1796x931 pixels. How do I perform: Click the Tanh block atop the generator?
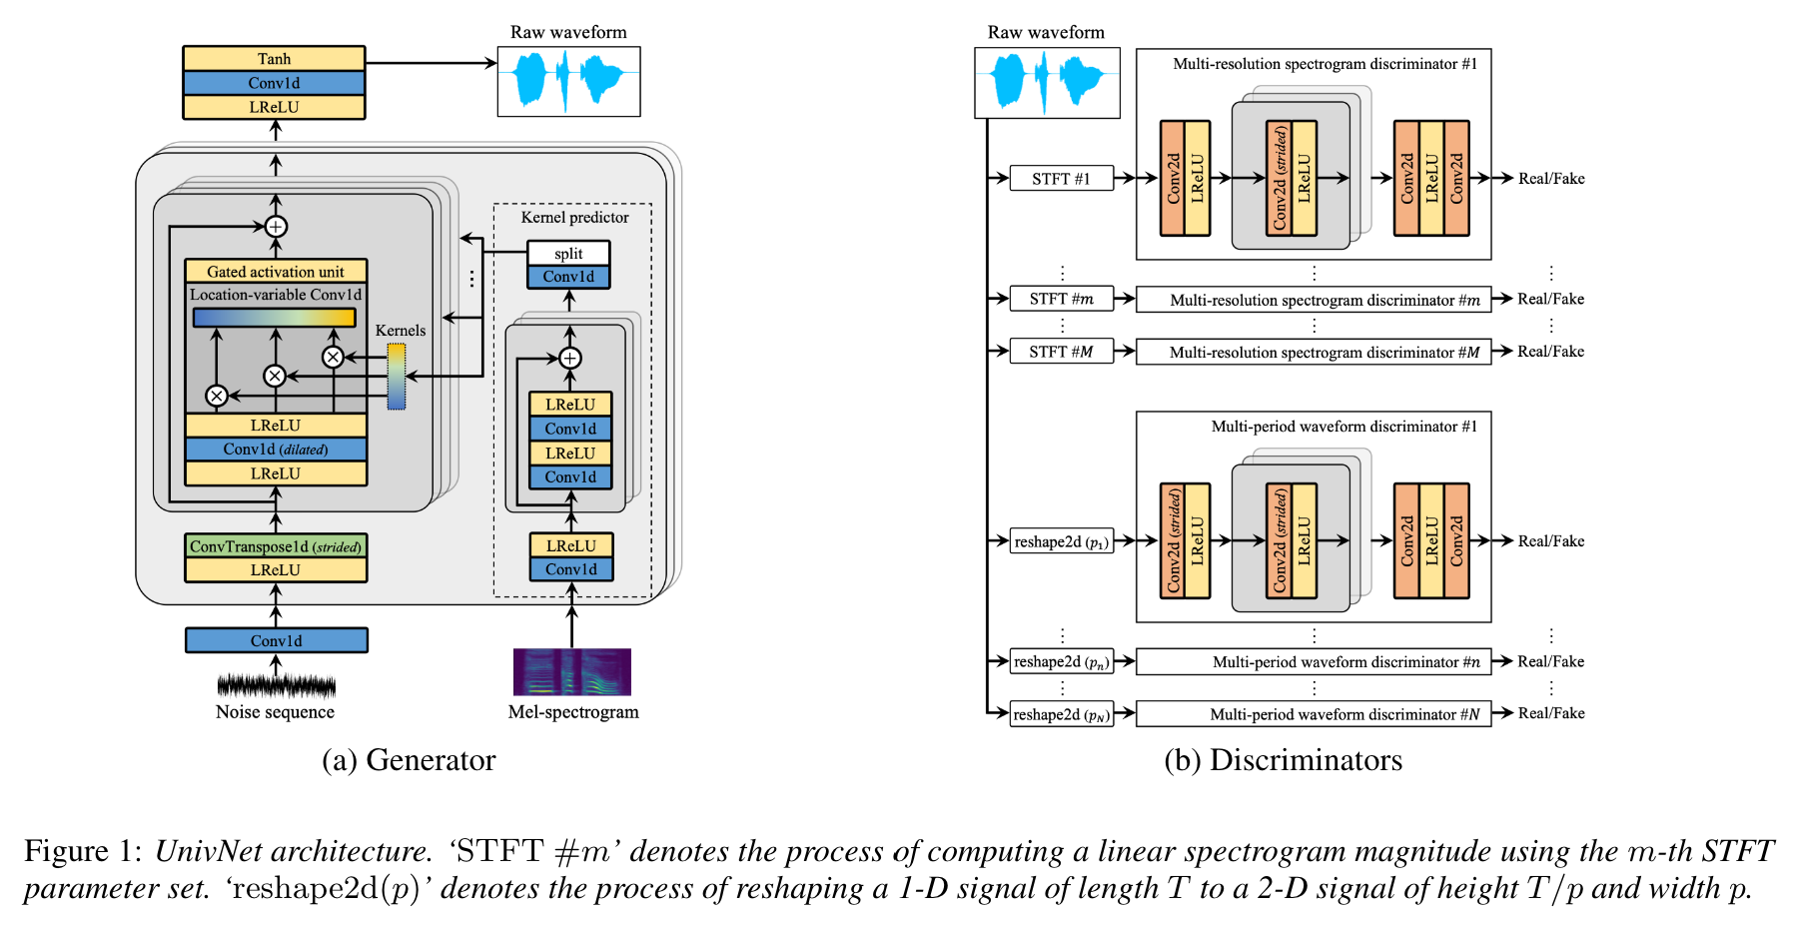pyautogui.click(x=274, y=59)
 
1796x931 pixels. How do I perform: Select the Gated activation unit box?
pyautogui.click(x=276, y=272)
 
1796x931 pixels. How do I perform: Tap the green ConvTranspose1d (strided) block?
pyautogui.click(x=276, y=546)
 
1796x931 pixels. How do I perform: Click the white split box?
pyautogui.click(x=568, y=254)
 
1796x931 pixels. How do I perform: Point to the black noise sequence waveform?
pyautogui.click(x=276, y=685)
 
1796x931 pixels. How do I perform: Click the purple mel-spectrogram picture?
pyautogui.click(x=572, y=671)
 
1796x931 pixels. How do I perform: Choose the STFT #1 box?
pyautogui.click(x=1061, y=179)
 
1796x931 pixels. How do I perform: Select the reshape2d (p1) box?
pyautogui.click(x=1061, y=541)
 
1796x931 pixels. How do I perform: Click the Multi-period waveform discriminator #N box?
pyautogui.click(x=1314, y=714)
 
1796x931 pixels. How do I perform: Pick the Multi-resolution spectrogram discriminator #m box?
pyautogui.click(x=1314, y=300)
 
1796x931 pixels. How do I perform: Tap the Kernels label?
pyautogui.click(x=400, y=331)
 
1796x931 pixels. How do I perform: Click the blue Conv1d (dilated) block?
pyautogui.click(x=276, y=450)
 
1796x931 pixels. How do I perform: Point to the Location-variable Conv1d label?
pyautogui.click(x=276, y=295)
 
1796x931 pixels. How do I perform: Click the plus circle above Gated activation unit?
pyautogui.click(x=277, y=227)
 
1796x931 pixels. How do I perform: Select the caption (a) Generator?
pyautogui.click(x=409, y=760)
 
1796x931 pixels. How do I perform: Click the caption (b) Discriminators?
pyautogui.click(x=1283, y=760)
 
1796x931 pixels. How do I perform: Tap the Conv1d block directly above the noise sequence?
pyautogui.click(x=277, y=640)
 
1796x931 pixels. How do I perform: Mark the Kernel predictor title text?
pyautogui.click(x=574, y=218)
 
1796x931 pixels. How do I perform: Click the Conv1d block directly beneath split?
pyautogui.click(x=568, y=277)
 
